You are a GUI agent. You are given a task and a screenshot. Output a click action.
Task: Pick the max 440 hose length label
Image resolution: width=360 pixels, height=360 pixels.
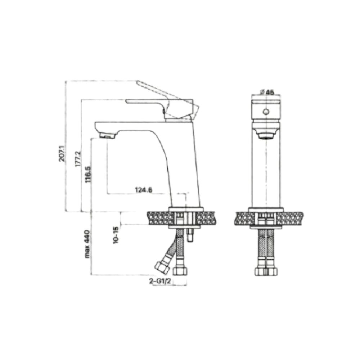pos(87,245)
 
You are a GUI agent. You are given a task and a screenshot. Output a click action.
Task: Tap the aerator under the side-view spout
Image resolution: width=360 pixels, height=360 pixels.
pos(107,135)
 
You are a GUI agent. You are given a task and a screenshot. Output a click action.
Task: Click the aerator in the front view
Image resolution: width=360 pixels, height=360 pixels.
pos(266,134)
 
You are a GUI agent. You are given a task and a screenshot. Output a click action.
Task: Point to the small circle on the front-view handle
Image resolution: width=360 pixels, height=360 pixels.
pos(266,112)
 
